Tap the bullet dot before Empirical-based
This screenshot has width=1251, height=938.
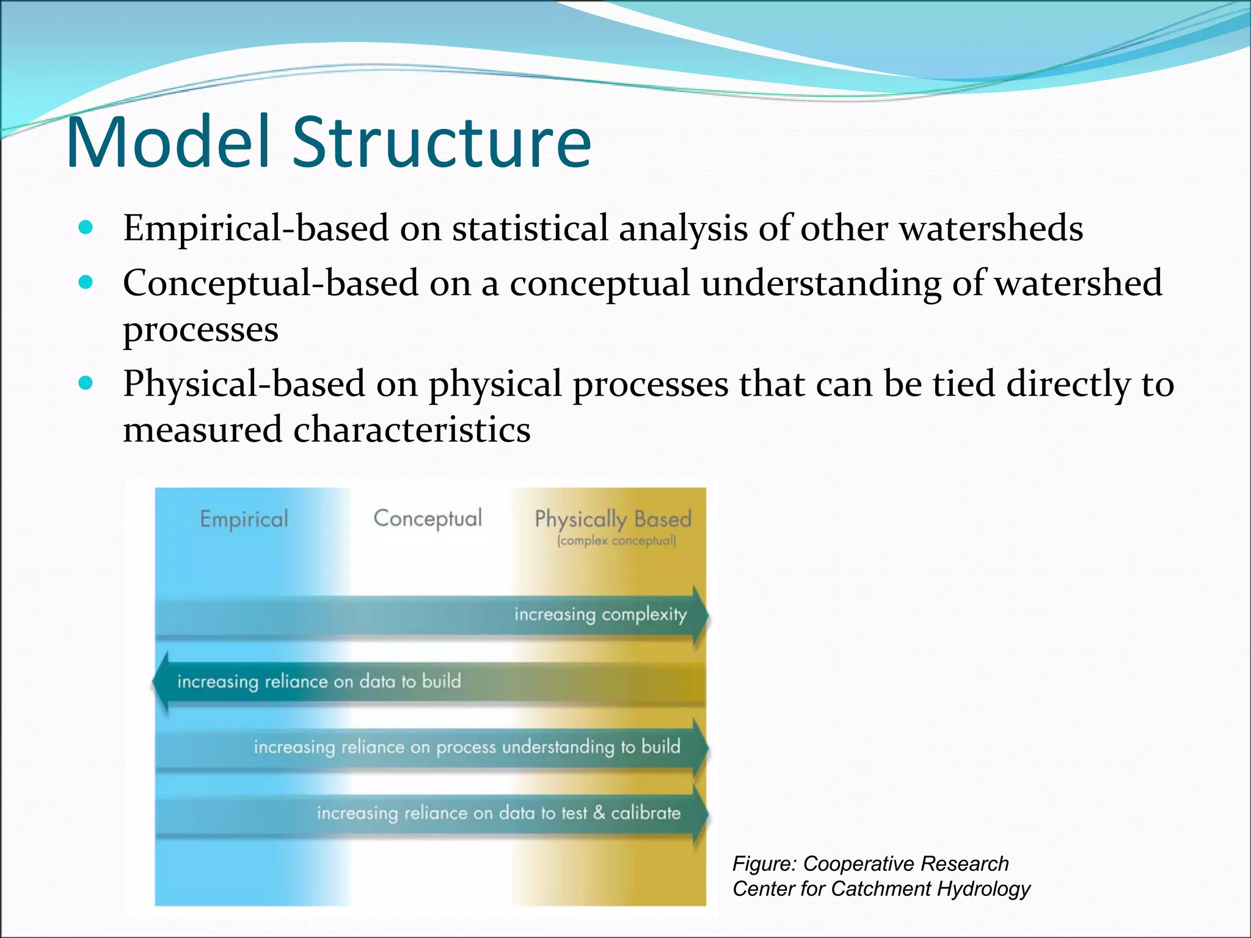[x=86, y=228]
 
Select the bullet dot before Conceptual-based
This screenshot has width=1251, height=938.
[x=86, y=283]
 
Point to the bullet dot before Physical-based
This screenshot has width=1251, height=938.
[x=86, y=384]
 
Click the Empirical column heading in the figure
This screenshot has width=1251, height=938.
[x=244, y=520]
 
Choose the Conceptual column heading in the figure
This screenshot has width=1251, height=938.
[x=427, y=519]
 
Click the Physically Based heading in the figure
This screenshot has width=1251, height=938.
[x=613, y=519]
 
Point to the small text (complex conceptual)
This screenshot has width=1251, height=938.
[x=616, y=541]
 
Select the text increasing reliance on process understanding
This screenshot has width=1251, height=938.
[x=467, y=747]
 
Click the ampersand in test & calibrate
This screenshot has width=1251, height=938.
[x=599, y=813]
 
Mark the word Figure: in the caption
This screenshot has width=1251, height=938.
[x=764, y=863]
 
